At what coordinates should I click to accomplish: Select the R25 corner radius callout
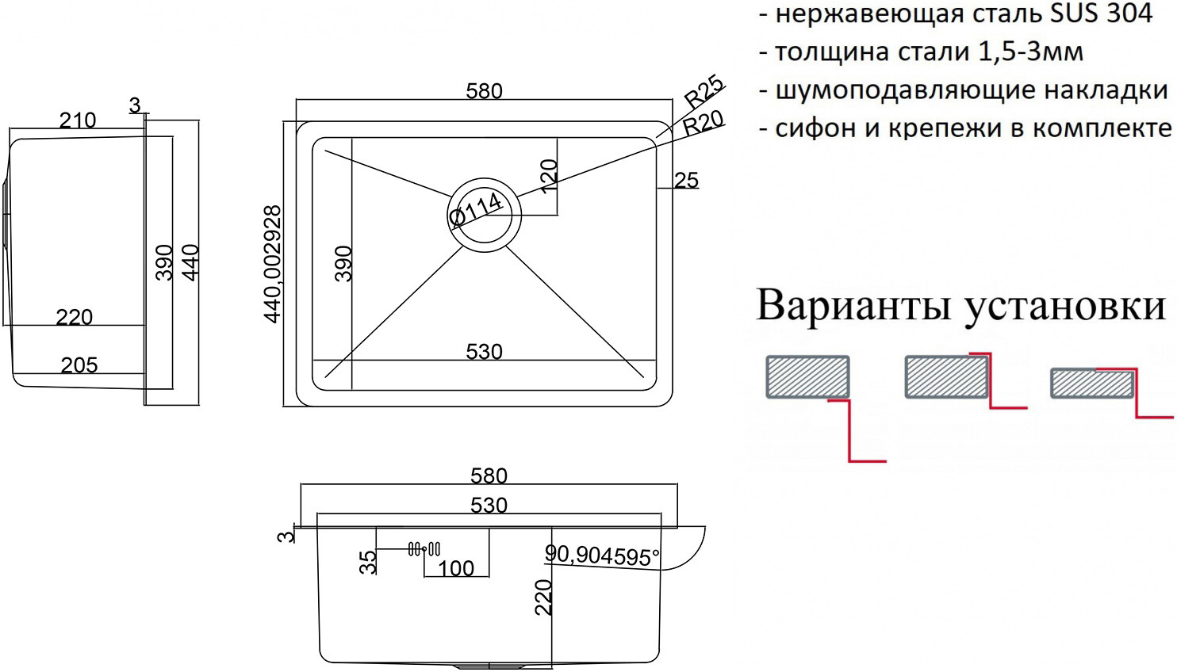pos(704,91)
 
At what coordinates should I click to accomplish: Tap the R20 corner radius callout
pos(703,123)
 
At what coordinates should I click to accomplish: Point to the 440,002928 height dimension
pos(273,264)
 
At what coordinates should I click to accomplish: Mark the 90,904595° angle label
pos(602,556)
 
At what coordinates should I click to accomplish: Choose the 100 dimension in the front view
pos(456,568)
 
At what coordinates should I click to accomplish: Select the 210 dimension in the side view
pos(78,120)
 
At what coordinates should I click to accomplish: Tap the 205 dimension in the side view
pos(79,365)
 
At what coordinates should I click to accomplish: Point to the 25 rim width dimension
pos(686,181)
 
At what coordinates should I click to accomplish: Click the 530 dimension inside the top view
pos(484,351)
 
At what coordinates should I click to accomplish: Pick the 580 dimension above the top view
pos(484,91)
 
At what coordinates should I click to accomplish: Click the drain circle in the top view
pos(485,213)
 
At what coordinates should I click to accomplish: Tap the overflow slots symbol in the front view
pos(424,548)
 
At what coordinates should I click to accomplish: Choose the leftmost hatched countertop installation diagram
pos(807,376)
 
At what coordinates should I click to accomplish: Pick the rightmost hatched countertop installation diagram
pos(1091,383)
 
